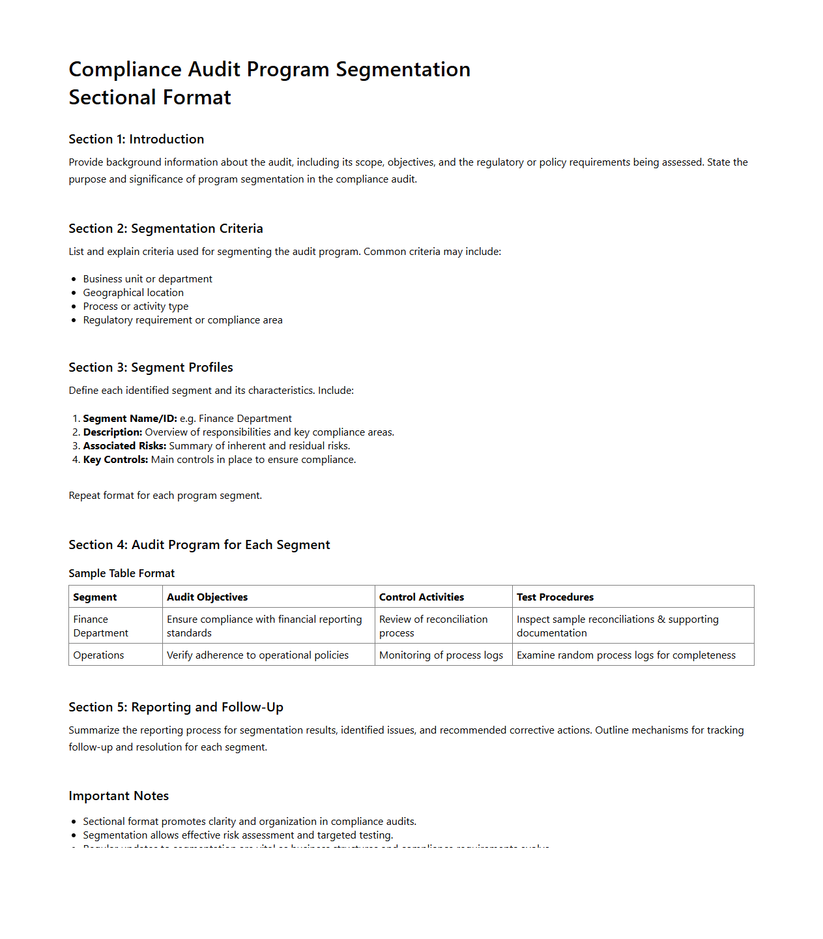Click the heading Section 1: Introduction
[136, 139]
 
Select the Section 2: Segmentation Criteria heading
[166, 228]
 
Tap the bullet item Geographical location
[133, 293]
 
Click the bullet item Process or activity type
[136, 306]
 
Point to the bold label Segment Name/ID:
[130, 419]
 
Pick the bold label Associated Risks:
[124, 446]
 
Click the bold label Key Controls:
[115, 460]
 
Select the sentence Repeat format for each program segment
[165, 496]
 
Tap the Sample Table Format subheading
[121, 573]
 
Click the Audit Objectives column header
[207, 597]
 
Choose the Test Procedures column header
[555, 597]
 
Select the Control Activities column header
[422, 597]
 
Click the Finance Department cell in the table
[100, 626]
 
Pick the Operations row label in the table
[98, 655]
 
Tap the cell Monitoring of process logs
[441, 655]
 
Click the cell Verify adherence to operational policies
[257, 655]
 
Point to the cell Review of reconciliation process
[433, 626]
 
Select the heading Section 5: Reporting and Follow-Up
[176, 707]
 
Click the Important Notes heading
[119, 796]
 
